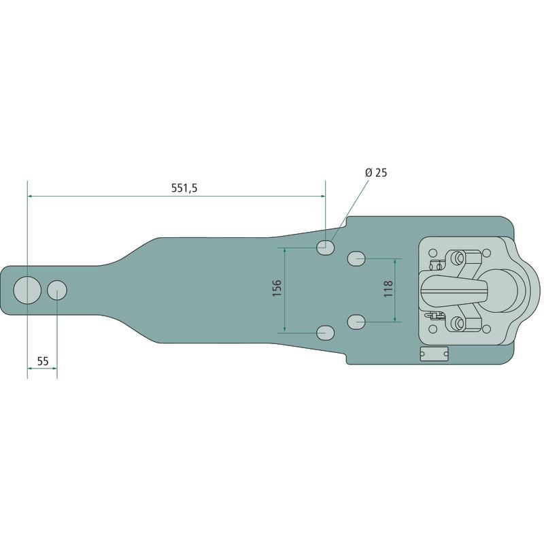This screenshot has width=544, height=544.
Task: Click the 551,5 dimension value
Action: click(184, 188)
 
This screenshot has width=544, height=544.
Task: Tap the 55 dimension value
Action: click(43, 362)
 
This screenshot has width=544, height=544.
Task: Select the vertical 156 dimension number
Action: click(277, 288)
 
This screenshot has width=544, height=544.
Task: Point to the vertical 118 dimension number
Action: click(388, 288)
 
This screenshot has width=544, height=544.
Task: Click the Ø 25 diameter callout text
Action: click(376, 173)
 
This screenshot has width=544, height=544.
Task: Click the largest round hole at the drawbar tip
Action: click(27, 290)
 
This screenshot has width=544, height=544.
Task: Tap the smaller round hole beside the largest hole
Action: click(57, 290)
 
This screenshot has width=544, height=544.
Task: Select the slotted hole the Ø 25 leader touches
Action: click(325, 248)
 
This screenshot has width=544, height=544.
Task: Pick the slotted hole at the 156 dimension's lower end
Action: click(325, 333)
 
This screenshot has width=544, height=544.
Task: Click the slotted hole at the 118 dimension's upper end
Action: click(356, 259)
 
